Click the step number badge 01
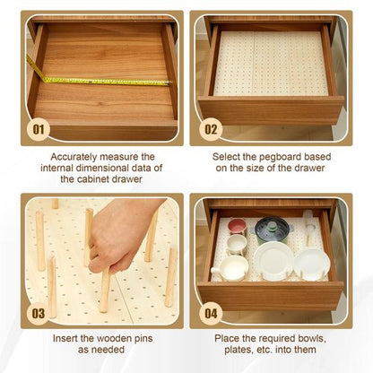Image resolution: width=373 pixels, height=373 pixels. (x=38, y=127)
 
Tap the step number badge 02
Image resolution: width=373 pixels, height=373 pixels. (x=210, y=127)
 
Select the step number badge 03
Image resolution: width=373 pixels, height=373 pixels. (x=38, y=313)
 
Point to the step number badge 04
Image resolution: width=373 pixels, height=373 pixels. (x=210, y=313)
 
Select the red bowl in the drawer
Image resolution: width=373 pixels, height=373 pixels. (x=237, y=225)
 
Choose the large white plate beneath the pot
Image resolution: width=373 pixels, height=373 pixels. (x=273, y=259)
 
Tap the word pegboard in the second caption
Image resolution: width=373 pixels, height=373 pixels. (x=275, y=156)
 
